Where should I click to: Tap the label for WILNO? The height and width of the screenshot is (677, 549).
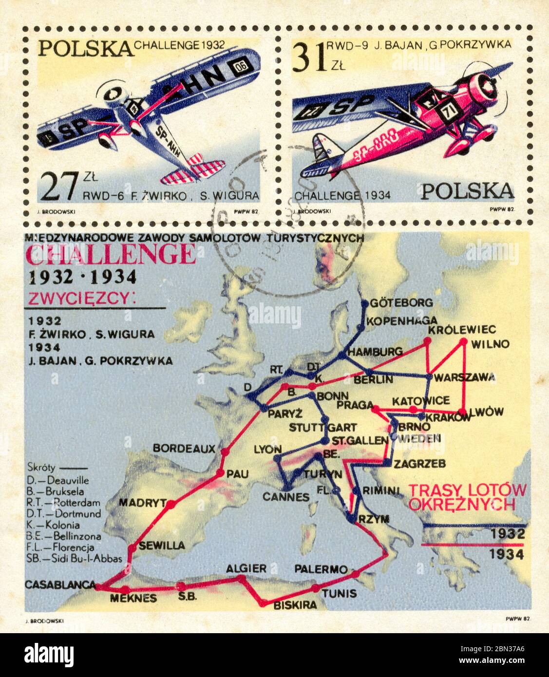[x=491, y=344]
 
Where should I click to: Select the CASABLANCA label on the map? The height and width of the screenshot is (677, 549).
[x=60, y=584]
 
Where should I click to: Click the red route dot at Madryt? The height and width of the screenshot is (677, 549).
[x=170, y=505]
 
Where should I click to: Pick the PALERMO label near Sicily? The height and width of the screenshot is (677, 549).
[x=321, y=569]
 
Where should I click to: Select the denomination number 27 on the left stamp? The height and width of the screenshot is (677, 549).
[x=58, y=187]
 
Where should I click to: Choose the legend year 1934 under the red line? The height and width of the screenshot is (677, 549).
[x=507, y=554]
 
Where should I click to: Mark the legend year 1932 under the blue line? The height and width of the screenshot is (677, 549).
[x=507, y=533]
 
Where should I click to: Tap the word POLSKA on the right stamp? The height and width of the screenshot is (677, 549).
[x=467, y=191]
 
